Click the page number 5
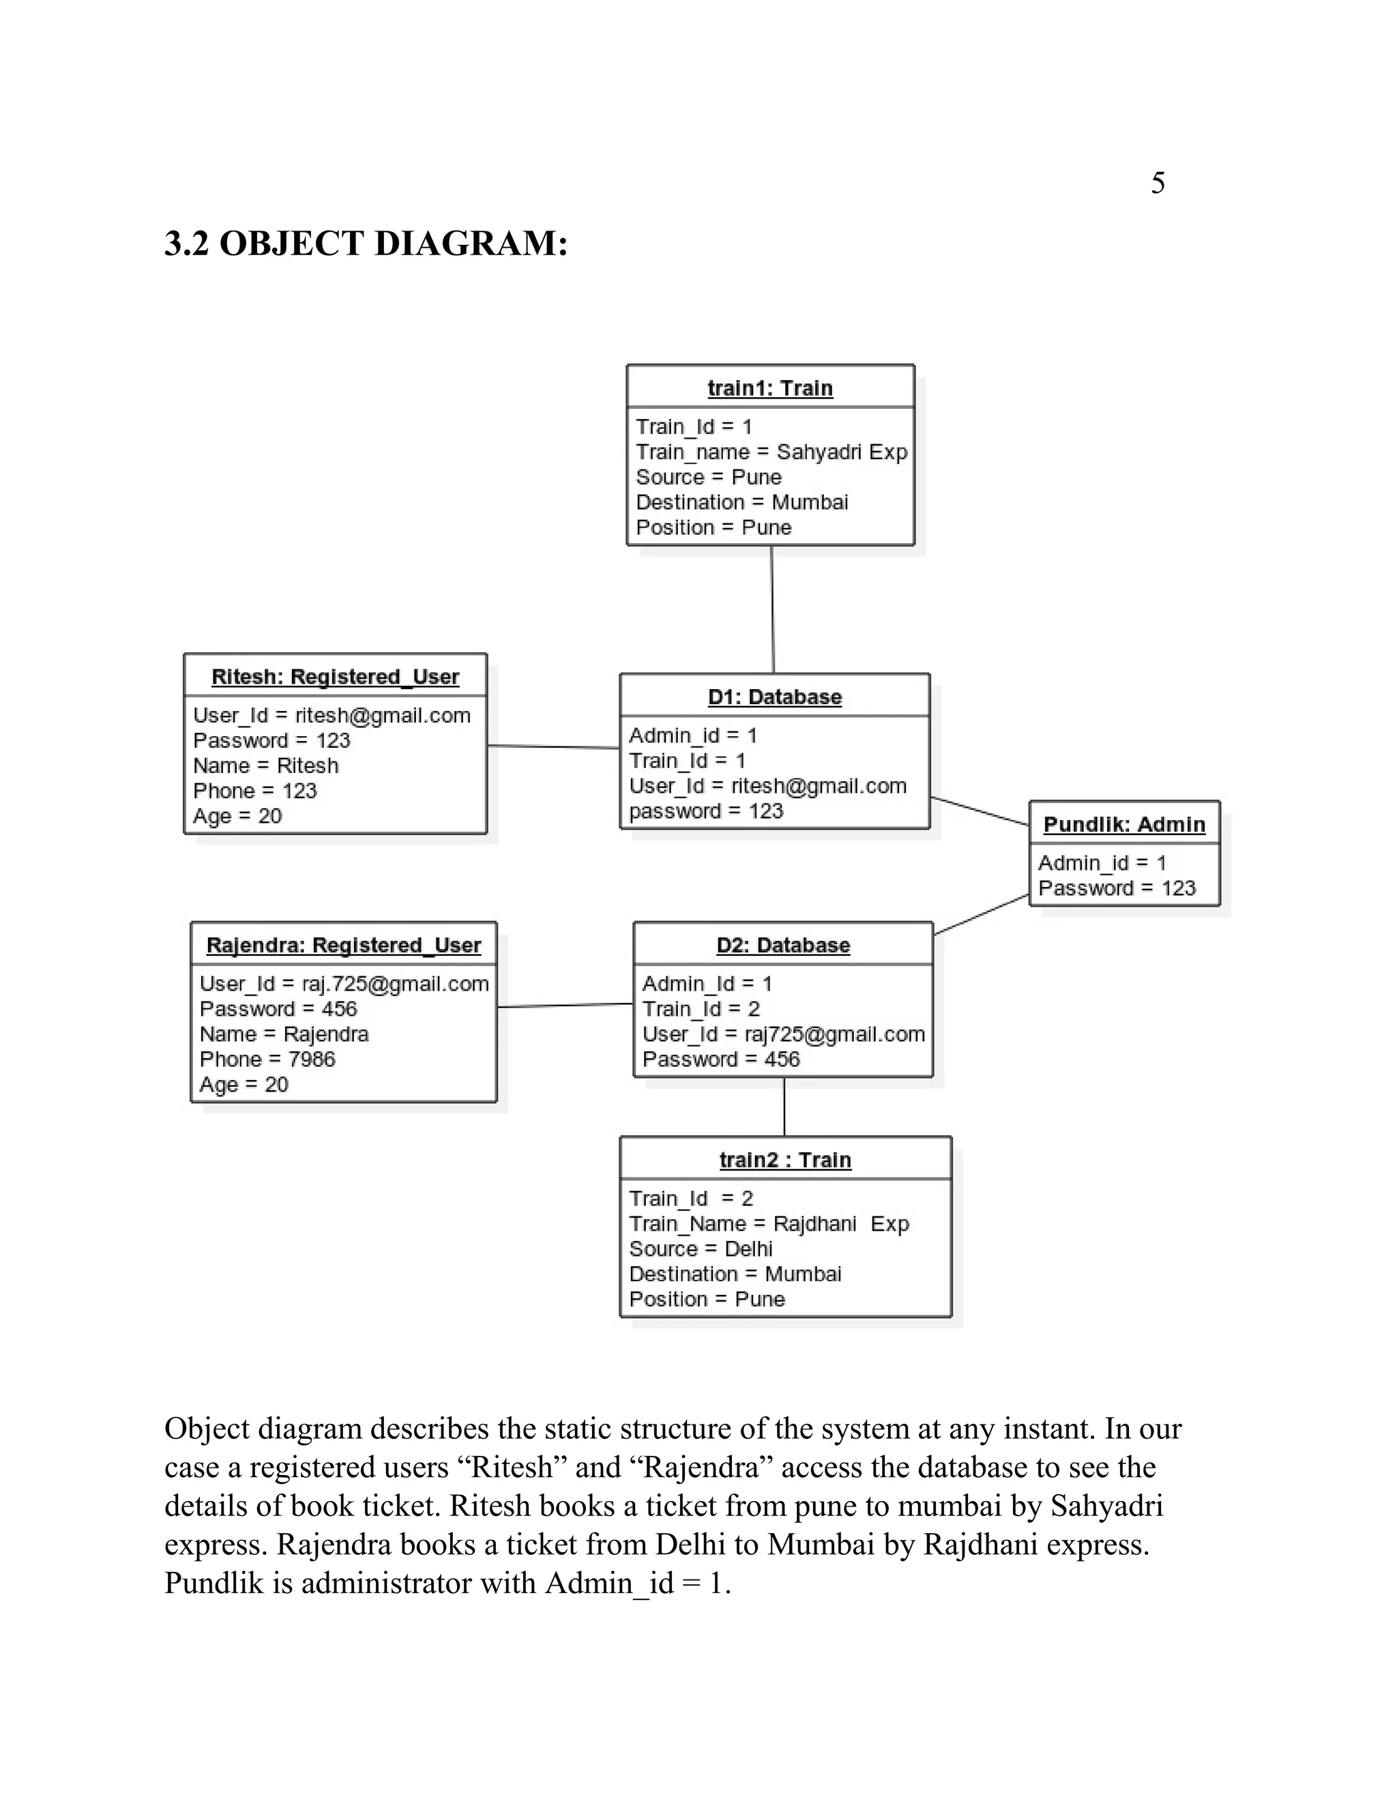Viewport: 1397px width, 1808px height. point(1157,183)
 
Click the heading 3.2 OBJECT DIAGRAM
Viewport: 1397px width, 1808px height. point(366,244)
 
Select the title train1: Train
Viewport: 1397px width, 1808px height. point(769,388)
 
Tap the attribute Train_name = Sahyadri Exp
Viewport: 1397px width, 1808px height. point(771,452)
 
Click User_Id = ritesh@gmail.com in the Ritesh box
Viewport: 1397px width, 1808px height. point(332,715)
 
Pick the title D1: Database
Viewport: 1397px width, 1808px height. point(775,697)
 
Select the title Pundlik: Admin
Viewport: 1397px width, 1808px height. point(1124,825)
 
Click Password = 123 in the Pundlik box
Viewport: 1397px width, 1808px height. point(1117,888)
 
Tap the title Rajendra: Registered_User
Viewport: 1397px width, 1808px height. point(344,946)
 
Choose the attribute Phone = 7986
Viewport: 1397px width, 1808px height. point(267,1060)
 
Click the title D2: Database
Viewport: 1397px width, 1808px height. point(783,946)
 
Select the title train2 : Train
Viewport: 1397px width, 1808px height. point(784,1160)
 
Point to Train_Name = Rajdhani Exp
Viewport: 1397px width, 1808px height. point(769,1223)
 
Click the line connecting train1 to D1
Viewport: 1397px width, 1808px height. point(772,609)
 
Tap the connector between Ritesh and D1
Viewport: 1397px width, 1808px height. point(553,746)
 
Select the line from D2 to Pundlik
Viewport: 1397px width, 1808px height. point(981,915)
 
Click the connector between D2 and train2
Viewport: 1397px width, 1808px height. point(784,1107)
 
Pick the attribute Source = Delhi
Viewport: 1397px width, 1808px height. point(700,1249)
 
